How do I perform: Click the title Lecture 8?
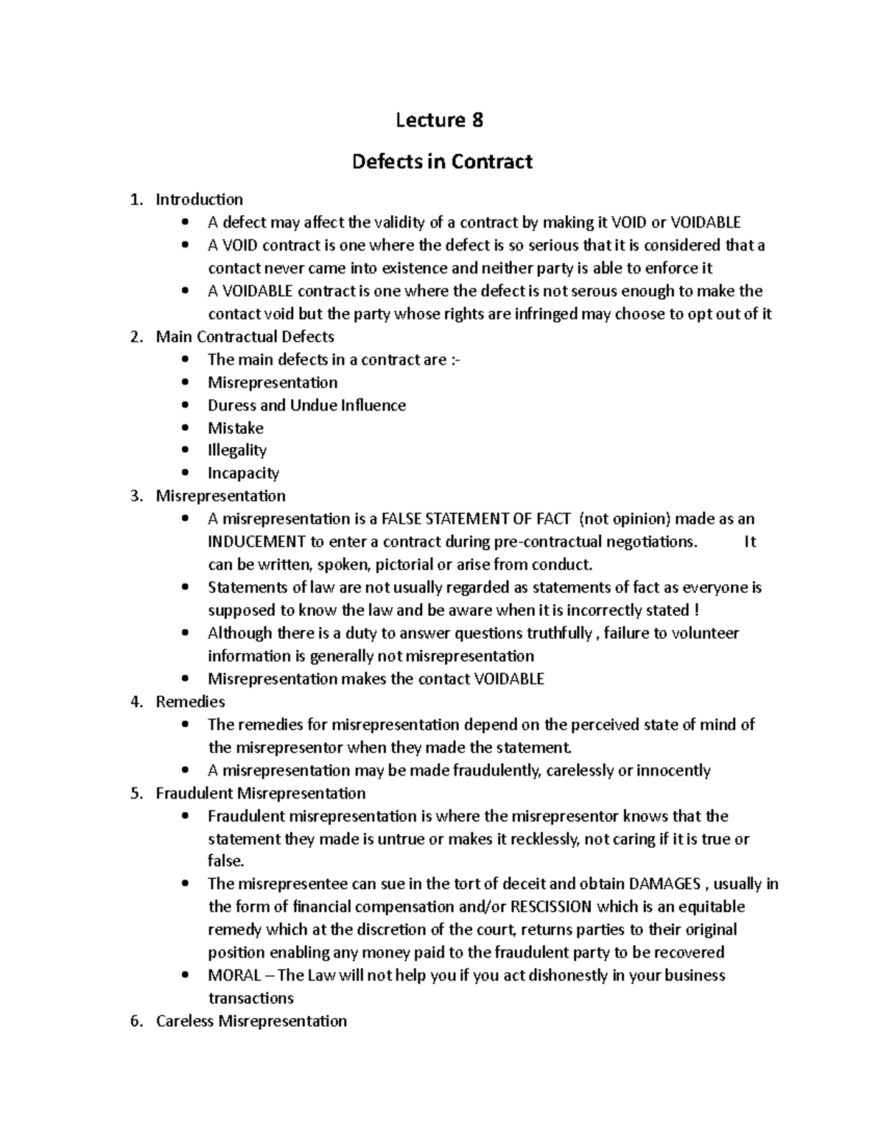pyautogui.click(x=439, y=120)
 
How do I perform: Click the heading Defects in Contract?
pyautogui.click(x=442, y=161)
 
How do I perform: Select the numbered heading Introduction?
pyautogui.click(x=199, y=200)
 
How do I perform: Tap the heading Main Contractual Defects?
pyautogui.click(x=245, y=337)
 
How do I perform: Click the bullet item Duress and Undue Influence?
pyautogui.click(x=306, y=405)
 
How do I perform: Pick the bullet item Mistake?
pyautogui.click(x=235, y=428)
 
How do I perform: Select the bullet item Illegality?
pyautogui.click(x=236, y=450)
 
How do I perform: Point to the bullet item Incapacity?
pyautogui.click(x=243, y=473)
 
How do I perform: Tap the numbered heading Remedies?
pyautogui.click(x=190, y=702)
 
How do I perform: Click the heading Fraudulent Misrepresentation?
pyautogui.click(x=261, y=793)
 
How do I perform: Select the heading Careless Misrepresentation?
pyautogui.click(x=251, y=1021)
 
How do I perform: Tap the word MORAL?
pyautogui.click(x=234, y=975)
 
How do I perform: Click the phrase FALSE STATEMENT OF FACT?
pyautogui.click(x=475, y=519)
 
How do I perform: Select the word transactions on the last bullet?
pyautogui.click(x=250, y=998)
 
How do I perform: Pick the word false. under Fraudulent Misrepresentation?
pyautogui.click(x=225, y=861)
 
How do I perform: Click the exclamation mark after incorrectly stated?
pyautogui.click(x=697, y=611)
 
